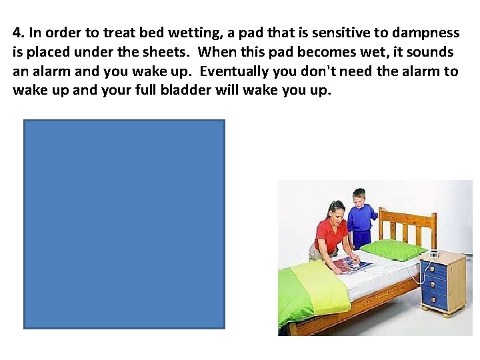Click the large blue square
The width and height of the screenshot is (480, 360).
tap(124, 224)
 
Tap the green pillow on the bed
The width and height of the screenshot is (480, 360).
tap(393, 249)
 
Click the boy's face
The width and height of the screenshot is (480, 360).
tap(359, 199)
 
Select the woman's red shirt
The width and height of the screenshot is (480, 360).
tap(331, 236)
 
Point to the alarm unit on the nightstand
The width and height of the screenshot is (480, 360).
tap(433, 254)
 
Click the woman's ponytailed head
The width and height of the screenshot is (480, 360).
tap(336, 210)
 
